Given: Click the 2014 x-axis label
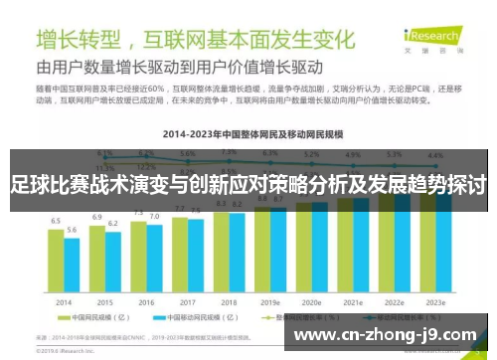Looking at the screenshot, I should (x=64, y=301).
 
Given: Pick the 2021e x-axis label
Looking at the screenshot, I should (x=353, y=301).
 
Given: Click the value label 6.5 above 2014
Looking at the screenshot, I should (x=56, y=221).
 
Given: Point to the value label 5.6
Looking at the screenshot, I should (x=72, y=230).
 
